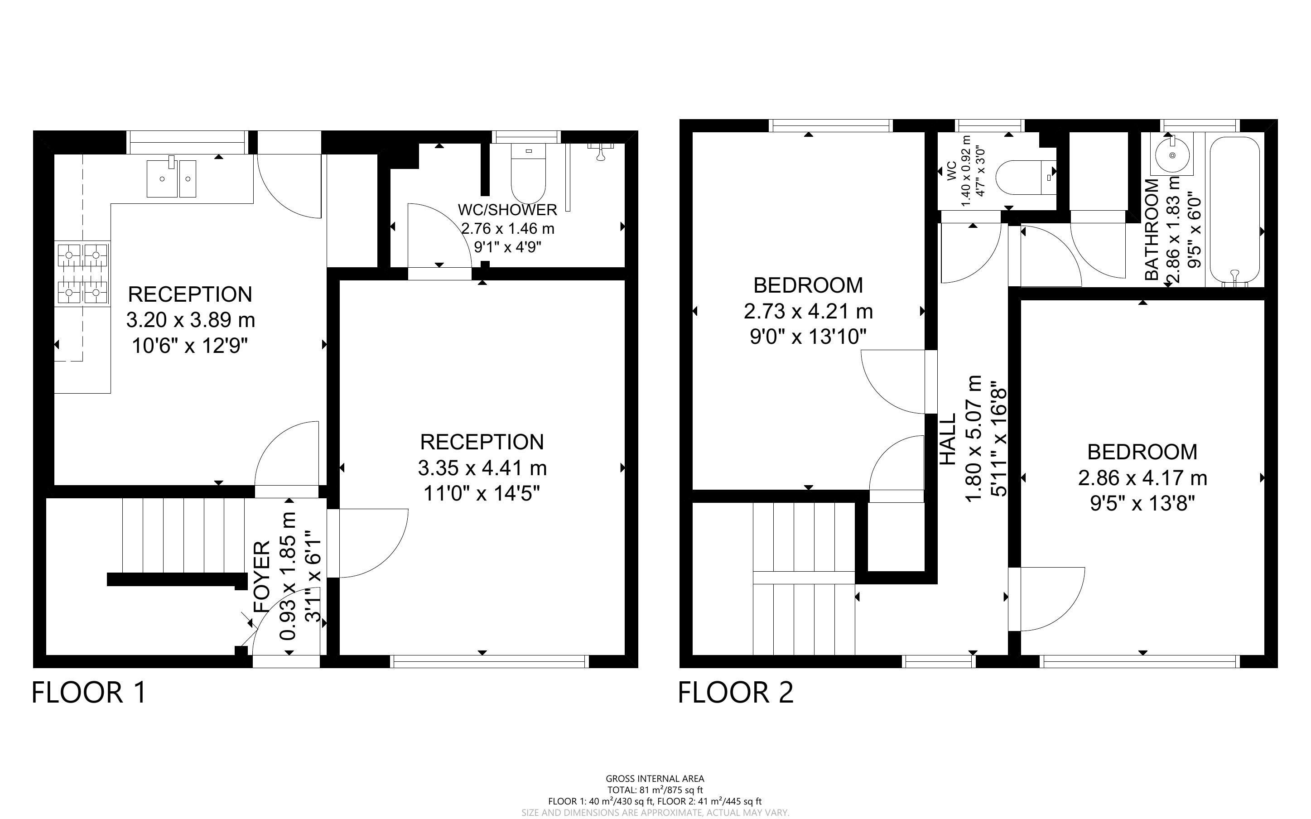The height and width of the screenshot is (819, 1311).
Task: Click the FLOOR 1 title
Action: tap(89, 692)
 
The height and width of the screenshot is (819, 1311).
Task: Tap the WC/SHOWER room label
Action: tap(507, 210)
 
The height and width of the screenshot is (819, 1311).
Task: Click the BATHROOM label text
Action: tap(1152, 229)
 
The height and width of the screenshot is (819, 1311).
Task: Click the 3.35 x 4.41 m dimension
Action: tap(482, 467)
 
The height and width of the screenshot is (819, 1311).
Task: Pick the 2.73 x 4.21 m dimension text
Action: tap(808, 312)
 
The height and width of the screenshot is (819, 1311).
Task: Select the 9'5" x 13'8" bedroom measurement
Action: tap(1142, 504)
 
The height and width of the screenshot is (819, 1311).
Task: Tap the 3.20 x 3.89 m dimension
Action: tap(191, 320)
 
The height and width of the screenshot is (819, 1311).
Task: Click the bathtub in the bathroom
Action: tap(1234, 211)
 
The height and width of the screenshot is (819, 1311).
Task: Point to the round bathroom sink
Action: tap(1173, 154)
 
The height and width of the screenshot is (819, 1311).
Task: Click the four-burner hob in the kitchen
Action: tap(83, 274)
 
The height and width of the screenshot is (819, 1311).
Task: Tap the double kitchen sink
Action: tap(171, 178)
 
